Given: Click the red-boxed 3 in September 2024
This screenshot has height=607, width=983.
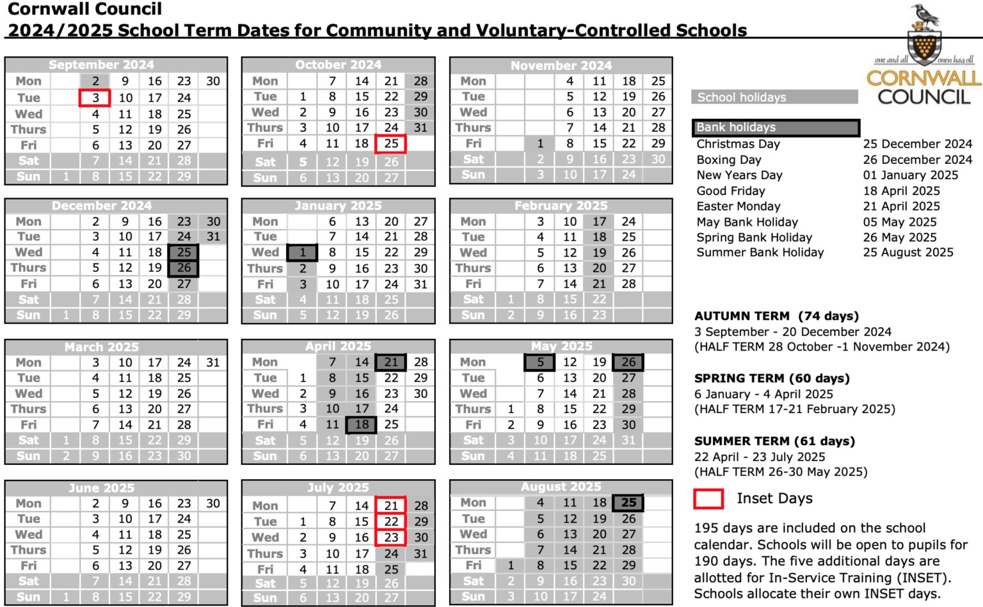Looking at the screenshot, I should (x=95, y=98).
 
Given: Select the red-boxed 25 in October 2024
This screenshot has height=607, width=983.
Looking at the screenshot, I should (x=391, y=144).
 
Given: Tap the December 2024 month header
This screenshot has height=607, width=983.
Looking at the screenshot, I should (x=102, y=206).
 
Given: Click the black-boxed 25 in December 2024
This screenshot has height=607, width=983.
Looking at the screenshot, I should (x=184, y=253).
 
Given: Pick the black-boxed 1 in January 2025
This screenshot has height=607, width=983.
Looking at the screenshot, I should (x=303, y=253).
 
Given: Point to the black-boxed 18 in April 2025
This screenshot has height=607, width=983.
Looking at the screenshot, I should (x=362, y=425).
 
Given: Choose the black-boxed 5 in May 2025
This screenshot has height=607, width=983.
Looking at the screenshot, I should (x=540, y=363).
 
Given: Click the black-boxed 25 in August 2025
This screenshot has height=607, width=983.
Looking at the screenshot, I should (x=628, y=503).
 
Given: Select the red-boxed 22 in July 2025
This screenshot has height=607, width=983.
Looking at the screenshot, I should (x=391, y=522).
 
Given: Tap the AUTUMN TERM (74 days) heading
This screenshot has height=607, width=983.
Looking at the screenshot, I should (x=776, y=316).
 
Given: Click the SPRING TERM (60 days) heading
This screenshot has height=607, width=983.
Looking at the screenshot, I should (x=772, y=379).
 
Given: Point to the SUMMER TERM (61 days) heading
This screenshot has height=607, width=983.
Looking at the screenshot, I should (x=774, y=441).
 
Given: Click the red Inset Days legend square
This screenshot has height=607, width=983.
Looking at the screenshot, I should (x=708, y=499).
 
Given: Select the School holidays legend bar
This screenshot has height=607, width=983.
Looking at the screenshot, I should (x=774, y=97).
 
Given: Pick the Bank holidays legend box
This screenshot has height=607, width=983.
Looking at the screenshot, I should (x=776, y=127).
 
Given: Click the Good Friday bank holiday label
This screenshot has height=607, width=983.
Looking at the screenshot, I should (x=731, y=191).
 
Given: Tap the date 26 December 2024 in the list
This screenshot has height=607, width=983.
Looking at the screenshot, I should (x=917, y=160).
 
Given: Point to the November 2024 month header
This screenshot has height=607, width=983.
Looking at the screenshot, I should (x=561, y=65).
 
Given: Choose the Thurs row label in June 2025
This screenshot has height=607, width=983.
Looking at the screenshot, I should (x=29, y=550).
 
